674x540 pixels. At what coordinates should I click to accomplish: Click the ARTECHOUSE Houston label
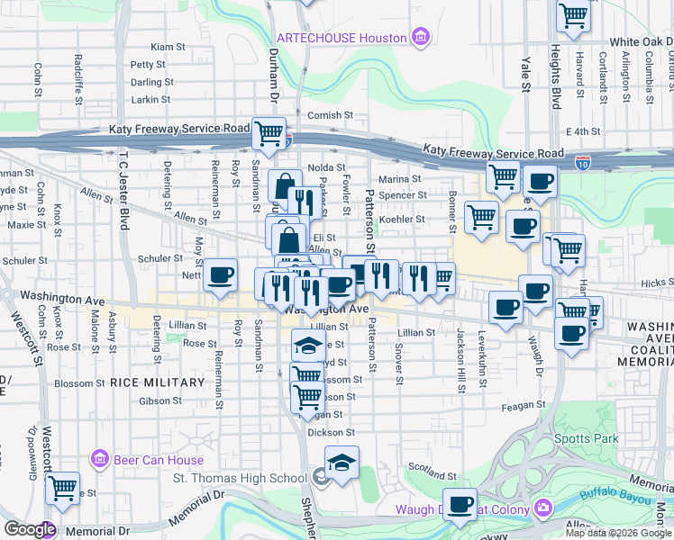[x=342, y=37]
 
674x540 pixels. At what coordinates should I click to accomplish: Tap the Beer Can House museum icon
[x=100, y=460]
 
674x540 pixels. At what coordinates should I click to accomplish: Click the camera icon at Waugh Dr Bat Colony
[x=543, y=509]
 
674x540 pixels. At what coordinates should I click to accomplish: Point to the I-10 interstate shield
[x=583, y=164]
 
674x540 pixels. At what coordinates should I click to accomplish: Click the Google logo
[x=29, y=529]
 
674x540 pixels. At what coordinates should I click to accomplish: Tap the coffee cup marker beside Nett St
[x=219, y=275]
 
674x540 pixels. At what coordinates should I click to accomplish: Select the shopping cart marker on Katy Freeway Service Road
[x=269, y=133]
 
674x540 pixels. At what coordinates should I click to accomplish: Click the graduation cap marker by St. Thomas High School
[x=342, y=463]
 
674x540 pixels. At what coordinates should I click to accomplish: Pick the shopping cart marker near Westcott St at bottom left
[x=62, y=488]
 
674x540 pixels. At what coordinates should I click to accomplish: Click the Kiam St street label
[x=168, y=47]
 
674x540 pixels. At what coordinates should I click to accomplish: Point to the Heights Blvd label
[x=556, y=54]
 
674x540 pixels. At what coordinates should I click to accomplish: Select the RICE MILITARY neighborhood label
[x=158, y=382]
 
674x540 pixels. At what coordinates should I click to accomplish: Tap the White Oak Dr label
[x=641, y=42]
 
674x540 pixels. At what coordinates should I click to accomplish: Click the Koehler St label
[x=401, y=219]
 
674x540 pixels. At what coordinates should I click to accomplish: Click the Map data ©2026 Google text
[x=617, y=533]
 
